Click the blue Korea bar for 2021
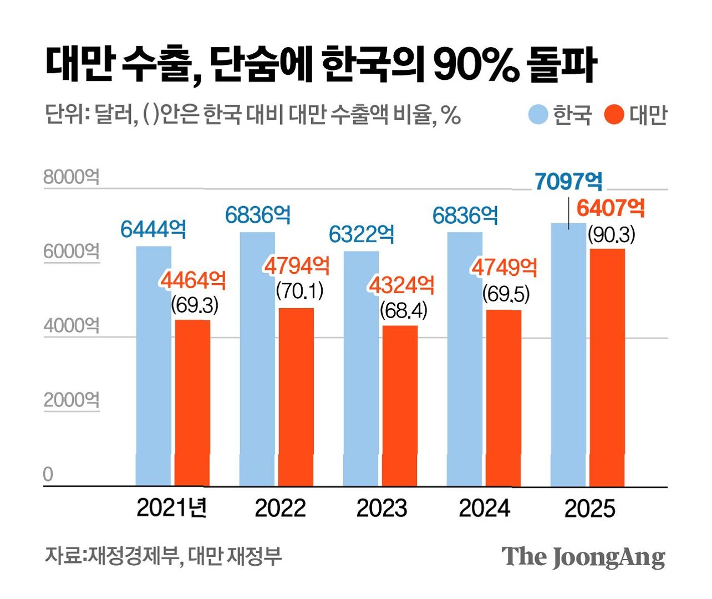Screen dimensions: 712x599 pos(154,366)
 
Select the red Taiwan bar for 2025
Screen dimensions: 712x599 pos(607,367)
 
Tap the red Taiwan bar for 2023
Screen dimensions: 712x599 pos(400,406)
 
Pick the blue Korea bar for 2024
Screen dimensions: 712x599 pos(465,359)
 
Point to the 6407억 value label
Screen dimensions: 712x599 pos(611,208)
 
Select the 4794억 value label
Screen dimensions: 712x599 pos(297,266)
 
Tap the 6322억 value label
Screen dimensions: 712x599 pos(361,234)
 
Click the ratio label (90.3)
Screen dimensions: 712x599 pos(612,235)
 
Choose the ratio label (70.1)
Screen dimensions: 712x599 pos(300,291)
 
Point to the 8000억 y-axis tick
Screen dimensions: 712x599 pos(72,177)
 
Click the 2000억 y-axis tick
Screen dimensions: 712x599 pos(72,400)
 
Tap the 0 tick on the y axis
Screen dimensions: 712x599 pos(48,474)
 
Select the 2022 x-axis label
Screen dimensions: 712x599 pos(280,508)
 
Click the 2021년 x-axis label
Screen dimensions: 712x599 pos(172,508)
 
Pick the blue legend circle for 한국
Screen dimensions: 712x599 pos(538,114)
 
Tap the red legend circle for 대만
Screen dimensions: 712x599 pos(614,114)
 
